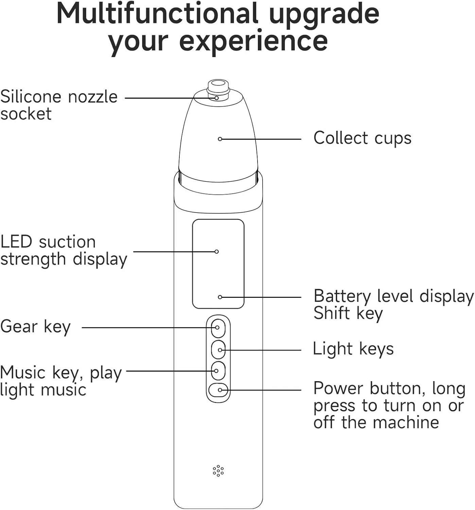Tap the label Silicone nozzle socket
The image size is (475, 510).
tap(59, 105)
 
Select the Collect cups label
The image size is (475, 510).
tap(362, 138)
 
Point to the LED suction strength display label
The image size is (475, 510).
tap(64, 251)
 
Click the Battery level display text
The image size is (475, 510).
tap(393, 296)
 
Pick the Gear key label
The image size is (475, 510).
tap(35, 327)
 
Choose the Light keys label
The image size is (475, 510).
tap(353, 349)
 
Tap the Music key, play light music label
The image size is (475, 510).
tap(61, 381)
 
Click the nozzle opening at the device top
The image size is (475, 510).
tap(218, 83)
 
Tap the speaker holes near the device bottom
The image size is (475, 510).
tap(218, 471)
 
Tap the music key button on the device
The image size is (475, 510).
tap(218, 371)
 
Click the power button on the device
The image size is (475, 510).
tap(218, 390)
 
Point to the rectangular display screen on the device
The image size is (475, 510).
tap(218, 263)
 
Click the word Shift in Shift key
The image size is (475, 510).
tap(332, 313)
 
